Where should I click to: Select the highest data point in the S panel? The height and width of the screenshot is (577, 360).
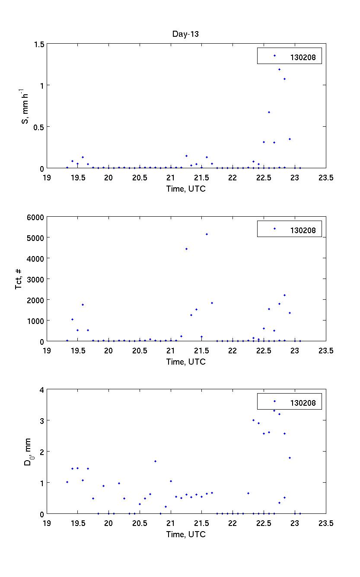279,69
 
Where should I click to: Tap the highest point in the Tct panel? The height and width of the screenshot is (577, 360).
207,234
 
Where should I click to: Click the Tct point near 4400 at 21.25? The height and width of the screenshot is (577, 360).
186,249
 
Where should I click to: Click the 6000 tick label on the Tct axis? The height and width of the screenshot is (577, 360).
35,217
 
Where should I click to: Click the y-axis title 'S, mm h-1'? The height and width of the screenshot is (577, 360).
25,106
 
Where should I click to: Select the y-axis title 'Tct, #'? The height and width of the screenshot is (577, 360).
19,279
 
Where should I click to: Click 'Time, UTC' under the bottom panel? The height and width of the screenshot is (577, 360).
186,534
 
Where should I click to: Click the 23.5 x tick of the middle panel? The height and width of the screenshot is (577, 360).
326,351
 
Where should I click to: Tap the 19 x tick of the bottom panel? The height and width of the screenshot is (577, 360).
47,523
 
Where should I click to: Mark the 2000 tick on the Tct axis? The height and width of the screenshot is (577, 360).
35,300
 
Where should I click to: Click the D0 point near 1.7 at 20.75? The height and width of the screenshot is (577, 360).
155,461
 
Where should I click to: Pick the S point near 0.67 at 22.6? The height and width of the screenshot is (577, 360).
269,112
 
